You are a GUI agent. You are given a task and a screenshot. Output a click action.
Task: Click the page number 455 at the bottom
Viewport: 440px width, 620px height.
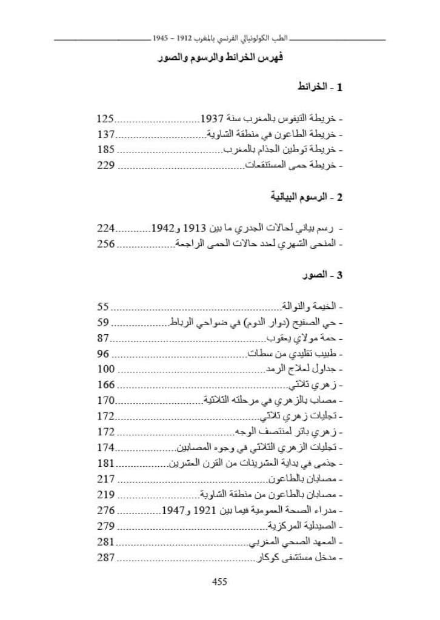[x=219, y=582]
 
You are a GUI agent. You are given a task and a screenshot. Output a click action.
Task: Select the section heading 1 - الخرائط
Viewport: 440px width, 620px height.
[x=320, y=88]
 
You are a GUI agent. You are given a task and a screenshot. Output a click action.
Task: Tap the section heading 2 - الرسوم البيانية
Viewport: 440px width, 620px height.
[x=306, y=197]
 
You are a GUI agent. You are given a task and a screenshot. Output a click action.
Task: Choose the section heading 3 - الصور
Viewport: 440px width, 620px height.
[x=323, y=276]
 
